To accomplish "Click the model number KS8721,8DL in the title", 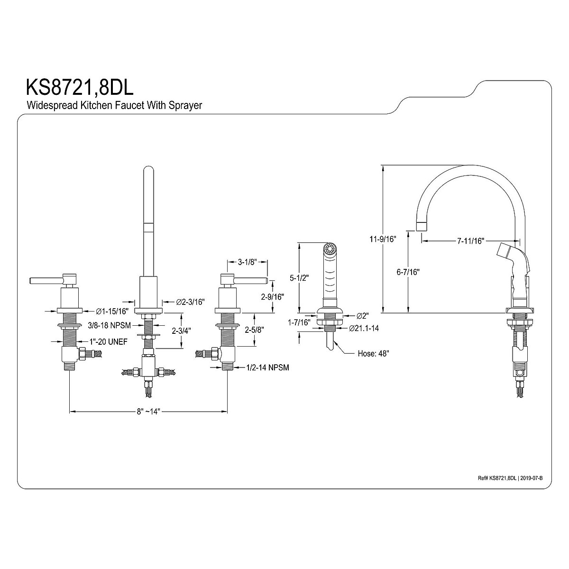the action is tap(80, 87).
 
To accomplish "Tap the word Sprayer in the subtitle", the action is tap(185, 105).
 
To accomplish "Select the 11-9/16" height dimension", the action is tap(383, 239).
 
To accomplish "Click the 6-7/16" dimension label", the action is tap(408, 272).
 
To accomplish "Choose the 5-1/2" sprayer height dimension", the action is tap(299, 278).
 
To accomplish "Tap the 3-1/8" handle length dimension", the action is tap(248, 262).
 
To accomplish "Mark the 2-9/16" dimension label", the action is tap(273, 296).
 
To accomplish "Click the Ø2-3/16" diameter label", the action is tap(191, 302).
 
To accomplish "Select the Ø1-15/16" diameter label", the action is tap(113, 311).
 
